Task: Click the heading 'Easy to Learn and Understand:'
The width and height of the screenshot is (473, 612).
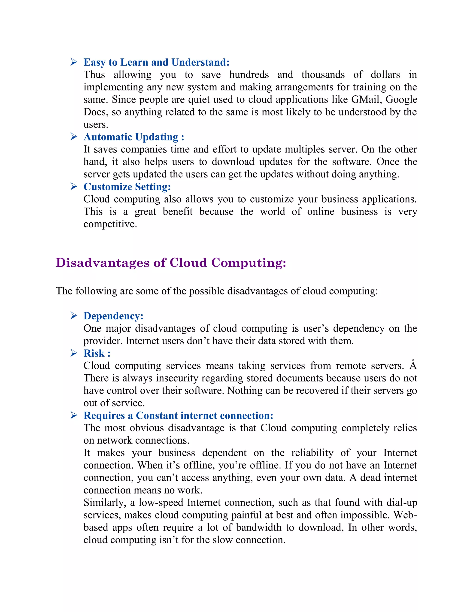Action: (156, 62)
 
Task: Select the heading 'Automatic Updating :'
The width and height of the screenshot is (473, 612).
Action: (134, 137)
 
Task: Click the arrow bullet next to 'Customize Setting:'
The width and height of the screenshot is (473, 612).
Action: (74, 187)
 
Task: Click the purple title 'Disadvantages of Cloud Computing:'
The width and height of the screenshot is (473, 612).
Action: (171, 263)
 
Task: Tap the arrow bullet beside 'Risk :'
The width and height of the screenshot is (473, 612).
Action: (74, 353)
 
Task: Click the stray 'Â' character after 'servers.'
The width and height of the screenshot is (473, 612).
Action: (413, 365)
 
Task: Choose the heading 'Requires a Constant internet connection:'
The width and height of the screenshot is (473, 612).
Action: (178, 415)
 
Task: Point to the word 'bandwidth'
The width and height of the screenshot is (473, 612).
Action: (258, 527)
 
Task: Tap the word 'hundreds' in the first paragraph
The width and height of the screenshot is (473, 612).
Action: (249, 75)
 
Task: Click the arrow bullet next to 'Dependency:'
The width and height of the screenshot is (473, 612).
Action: (74, 316)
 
